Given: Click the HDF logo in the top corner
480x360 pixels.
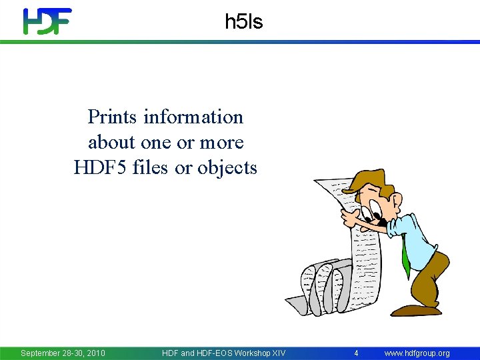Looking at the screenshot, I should tap(47, 21).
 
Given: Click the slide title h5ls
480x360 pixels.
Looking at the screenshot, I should tap(244, 22).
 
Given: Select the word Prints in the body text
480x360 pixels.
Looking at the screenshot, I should tap(111, 117).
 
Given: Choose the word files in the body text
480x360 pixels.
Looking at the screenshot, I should tap(151, 168).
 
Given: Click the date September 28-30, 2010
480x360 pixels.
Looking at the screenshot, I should tap(63, 353).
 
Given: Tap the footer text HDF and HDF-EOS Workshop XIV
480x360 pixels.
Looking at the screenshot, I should tap(223, 353).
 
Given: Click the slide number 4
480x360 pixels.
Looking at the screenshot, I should tap(356, 353).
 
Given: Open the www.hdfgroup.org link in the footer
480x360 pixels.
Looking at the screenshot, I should tap(417, 353).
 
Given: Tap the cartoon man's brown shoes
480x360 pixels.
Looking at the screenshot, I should tap(417, 309).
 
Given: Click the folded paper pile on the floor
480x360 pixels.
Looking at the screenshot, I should tap(320, 287).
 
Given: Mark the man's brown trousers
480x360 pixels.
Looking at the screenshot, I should tap(427, 280).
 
